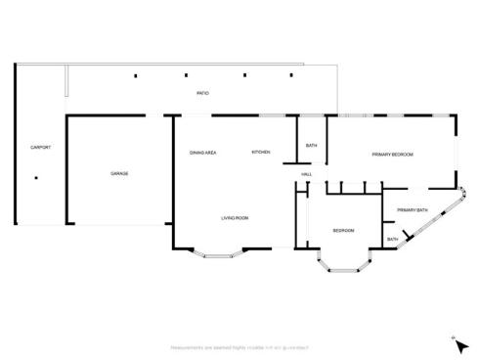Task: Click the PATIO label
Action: click(202, 93)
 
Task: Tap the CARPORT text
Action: click(40, 147)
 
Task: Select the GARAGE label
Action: click(119, 173)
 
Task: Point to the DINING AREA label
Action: click(202, 153)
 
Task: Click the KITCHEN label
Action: click(261, 153)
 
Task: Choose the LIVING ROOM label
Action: click(235, 217)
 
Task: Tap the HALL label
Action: click(306, 174)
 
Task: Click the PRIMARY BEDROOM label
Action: click(392, 155)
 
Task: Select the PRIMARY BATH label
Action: click(412, 210)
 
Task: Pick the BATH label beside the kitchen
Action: click(311, 146)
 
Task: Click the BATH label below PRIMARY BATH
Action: click(392, 239)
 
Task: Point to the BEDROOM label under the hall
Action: click(343, 231)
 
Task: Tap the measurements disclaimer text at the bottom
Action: click(239, 347)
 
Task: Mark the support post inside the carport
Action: click(36, 178)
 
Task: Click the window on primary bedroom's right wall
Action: click(456, 153)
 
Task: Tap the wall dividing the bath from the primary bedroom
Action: click(327, 142)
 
